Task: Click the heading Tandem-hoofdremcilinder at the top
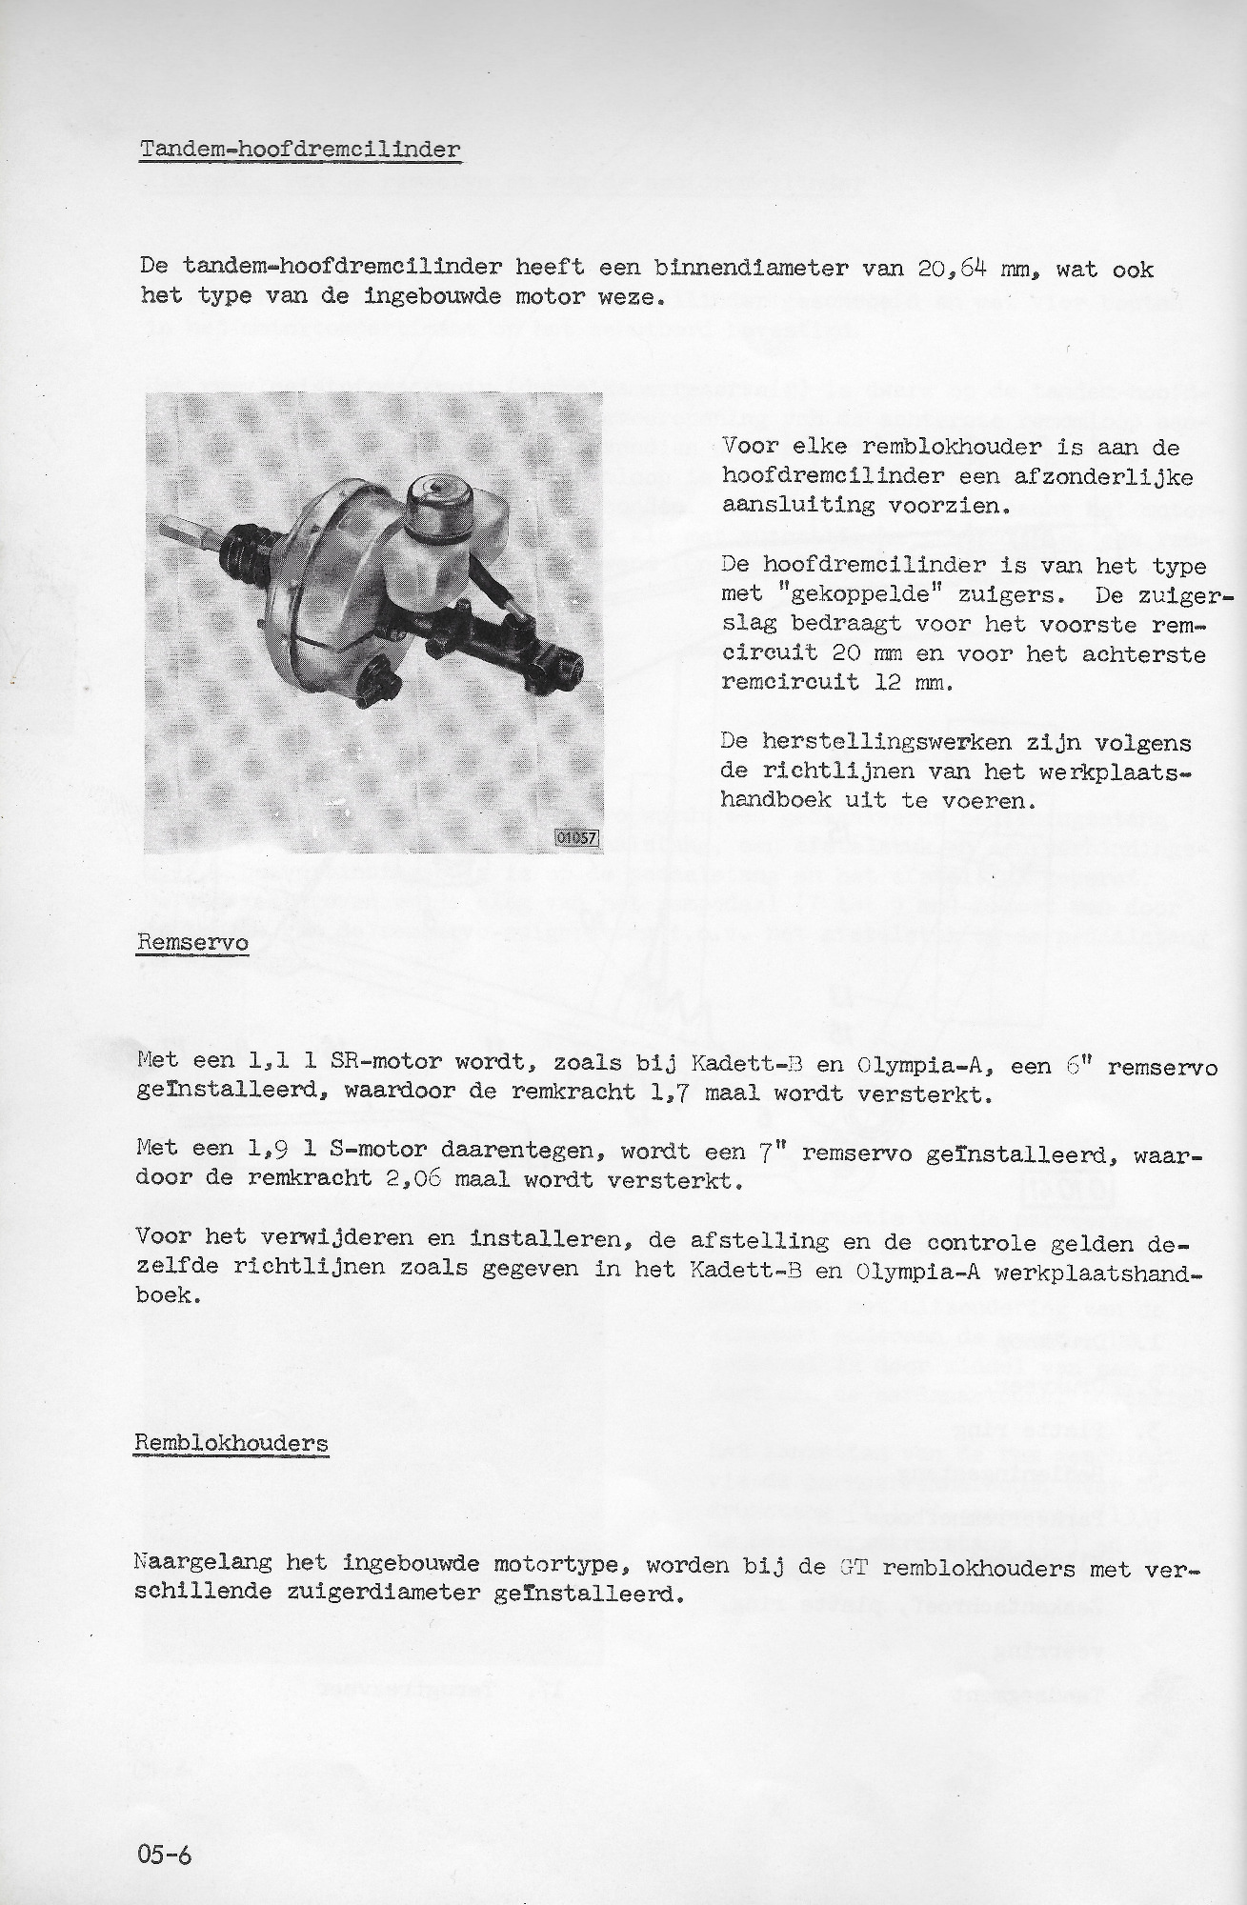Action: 300,150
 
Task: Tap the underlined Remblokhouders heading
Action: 231,1443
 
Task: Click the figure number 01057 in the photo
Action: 577,838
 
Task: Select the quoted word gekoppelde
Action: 850,594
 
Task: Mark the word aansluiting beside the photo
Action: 797,506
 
